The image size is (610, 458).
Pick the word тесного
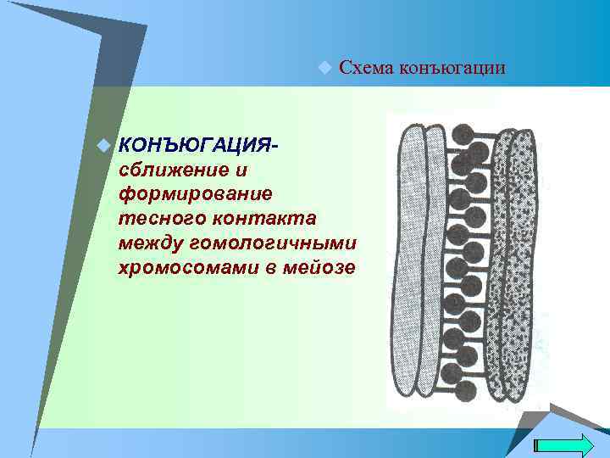(158, 219)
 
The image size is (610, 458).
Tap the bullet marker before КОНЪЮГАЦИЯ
(103, 146)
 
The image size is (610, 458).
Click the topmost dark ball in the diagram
(463, 133)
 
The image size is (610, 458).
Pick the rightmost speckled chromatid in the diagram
(523, 263)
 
